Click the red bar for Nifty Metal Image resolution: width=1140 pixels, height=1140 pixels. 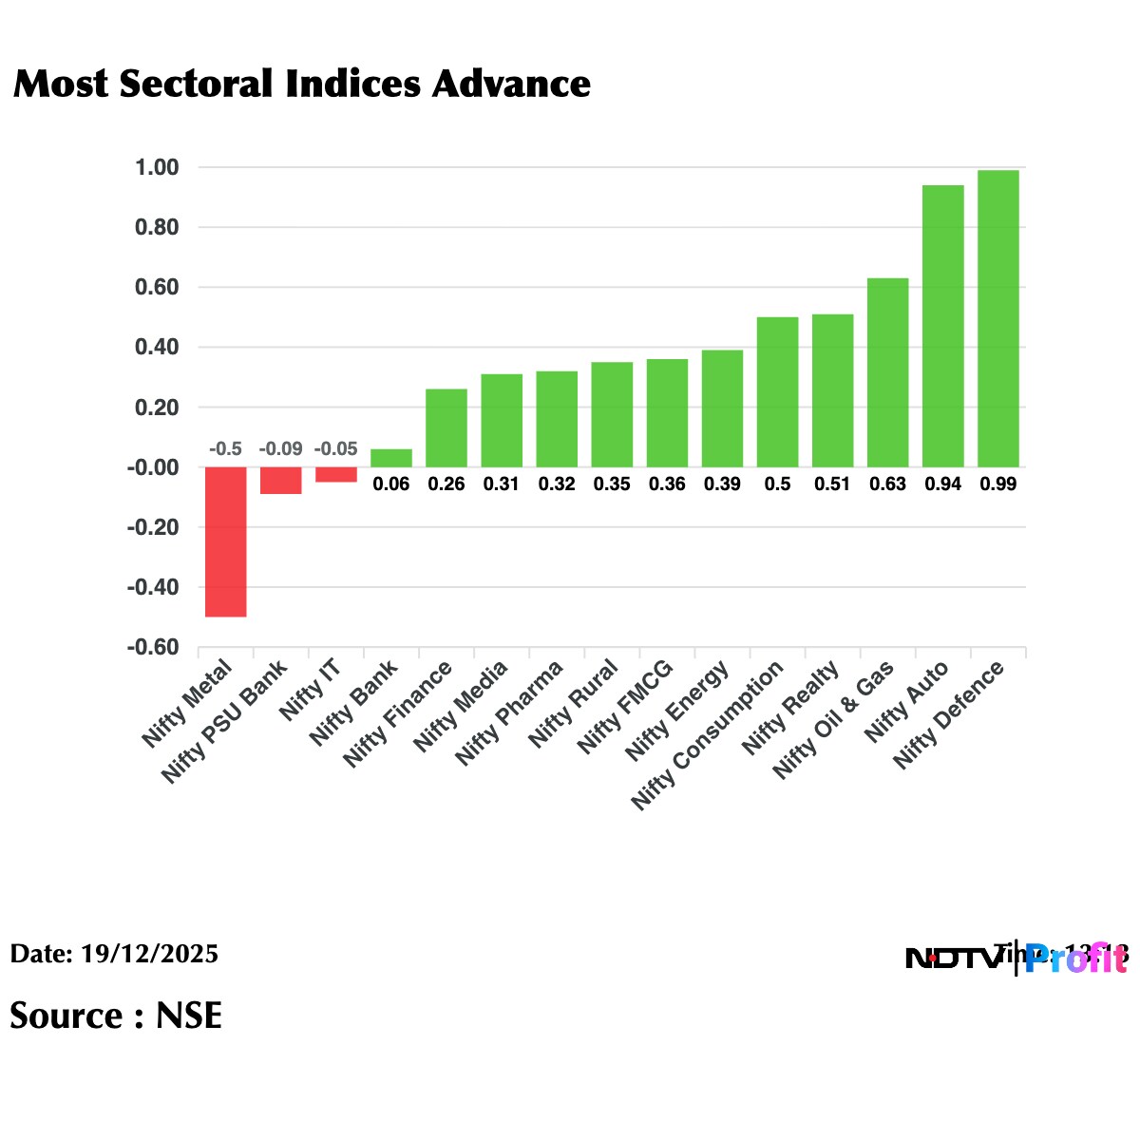(226, 541)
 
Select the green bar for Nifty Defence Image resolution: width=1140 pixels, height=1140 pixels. (997, 318)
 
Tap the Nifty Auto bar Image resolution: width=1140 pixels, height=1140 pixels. (942, 326)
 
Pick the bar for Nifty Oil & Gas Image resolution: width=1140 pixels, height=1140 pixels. (887, 372)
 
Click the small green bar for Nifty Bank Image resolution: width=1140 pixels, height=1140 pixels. (391, 458)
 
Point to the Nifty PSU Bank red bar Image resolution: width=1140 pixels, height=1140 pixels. (281, 480)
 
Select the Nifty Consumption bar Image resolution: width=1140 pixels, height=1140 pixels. (777, 391)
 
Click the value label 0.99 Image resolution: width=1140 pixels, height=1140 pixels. (997, 484)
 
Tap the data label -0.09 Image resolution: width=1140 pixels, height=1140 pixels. (280, 448)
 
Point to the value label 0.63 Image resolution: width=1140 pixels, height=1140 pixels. (887, 484)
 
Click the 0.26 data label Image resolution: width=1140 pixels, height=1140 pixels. (446, 484)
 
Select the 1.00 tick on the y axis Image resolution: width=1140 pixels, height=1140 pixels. (157, 168)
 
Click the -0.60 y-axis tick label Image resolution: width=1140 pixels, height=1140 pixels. (153, 647)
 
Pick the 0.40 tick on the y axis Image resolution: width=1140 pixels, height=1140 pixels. (157, 348)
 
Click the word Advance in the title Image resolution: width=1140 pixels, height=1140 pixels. (511, 84)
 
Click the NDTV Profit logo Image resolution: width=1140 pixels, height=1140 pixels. (1016, 958)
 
